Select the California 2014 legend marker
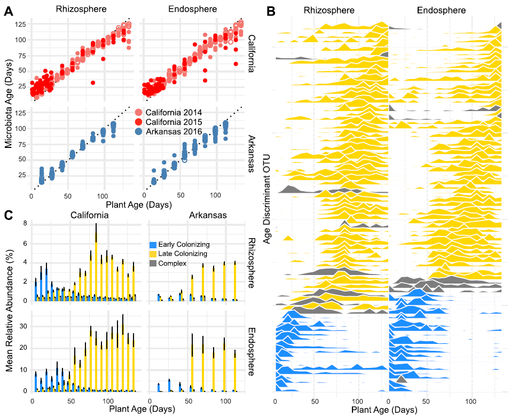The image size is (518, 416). point(139,111)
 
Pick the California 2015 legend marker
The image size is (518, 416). point(139,121)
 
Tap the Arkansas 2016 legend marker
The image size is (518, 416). point(139,130)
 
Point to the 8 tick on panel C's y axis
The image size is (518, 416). point(25,224)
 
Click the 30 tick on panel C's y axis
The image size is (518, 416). point(22,326)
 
